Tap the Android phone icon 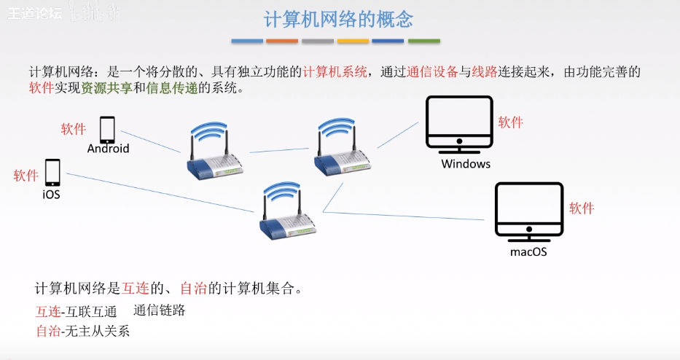[107, 130]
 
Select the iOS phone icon [52, 173]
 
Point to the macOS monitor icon [528, 211]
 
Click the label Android [108, 149]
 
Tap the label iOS [51, 195]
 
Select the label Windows [466, 164]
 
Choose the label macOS [528, 252]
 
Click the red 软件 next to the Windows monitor [511, 122]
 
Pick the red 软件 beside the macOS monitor [582, 208]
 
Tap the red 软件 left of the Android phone [74, 129]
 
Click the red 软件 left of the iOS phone [26, 176]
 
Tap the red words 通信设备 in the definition [433, 71]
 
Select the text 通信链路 [160, 310]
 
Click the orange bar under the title [282, 41]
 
